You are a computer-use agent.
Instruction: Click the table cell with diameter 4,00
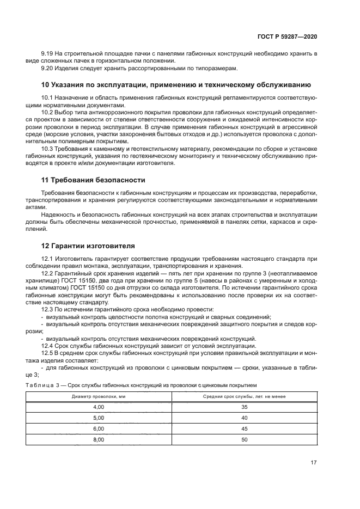(99, 407)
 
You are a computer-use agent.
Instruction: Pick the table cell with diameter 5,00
(99, 418)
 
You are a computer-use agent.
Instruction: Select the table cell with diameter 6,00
(99, 429)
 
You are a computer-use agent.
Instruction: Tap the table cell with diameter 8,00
(99, 440)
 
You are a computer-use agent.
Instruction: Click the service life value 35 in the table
(244, 407)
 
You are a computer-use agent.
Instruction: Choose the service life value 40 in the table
(244, 418)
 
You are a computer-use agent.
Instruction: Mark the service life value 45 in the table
(244, 429)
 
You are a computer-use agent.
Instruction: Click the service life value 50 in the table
(244, 440)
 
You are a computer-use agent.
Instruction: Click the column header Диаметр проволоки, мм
(99, 396)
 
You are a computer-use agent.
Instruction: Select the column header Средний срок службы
(244, 396)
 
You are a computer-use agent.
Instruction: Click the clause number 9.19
(48, 53)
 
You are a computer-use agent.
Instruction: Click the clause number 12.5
(48, 353)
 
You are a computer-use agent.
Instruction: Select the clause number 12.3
(48, 310)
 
